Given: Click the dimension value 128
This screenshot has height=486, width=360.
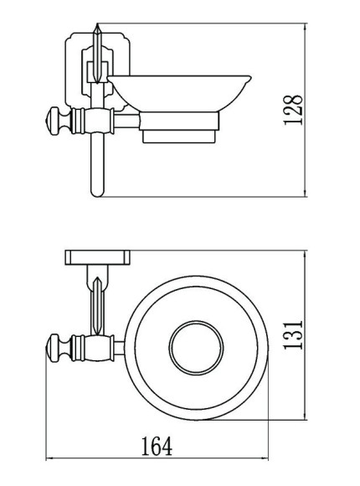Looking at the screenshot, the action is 292,110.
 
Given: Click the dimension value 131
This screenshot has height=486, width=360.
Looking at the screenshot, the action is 292,335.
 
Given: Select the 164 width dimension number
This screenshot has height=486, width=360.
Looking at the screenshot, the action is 157,447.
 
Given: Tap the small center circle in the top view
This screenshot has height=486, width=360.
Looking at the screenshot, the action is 196,348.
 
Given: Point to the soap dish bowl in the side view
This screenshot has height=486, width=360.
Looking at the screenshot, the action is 179,93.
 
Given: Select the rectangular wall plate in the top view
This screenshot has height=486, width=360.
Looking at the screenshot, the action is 98,257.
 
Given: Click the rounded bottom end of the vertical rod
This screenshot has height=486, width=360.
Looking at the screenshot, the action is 97,193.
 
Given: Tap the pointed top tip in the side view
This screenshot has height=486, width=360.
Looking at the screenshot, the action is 97,23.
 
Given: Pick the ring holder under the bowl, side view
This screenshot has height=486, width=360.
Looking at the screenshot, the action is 179,121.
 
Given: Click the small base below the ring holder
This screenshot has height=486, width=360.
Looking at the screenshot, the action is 179,137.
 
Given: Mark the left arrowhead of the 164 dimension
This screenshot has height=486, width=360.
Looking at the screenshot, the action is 49,458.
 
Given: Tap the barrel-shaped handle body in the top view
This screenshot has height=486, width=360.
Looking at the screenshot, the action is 93,348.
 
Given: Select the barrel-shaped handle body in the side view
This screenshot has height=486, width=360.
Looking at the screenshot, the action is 93,121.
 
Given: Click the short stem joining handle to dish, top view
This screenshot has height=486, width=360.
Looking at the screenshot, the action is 120,348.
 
